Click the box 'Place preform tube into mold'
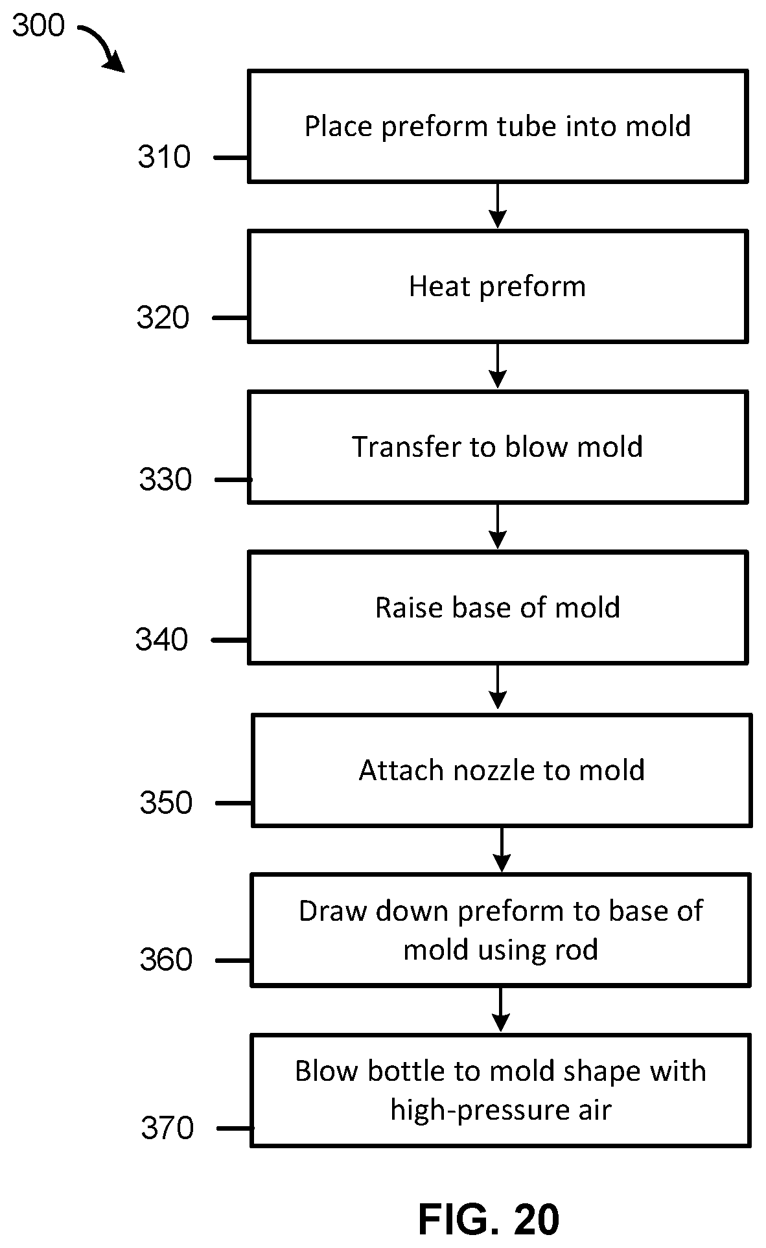(x=498, y=126)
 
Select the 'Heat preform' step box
(x=498, y=286)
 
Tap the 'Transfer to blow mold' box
(x=498, y=447)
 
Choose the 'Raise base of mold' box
(x=498, y=607)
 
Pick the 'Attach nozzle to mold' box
(x=502, y=770)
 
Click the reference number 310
(x=164, y=157)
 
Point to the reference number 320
(x=163, y=318)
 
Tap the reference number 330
(x=165, y=480)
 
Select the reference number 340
(x=161, y=640)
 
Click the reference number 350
(x=166, y=803)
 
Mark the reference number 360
(x=166, y=960)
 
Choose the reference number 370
(x=167, y=1129)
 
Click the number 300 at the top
(x=39, y=27)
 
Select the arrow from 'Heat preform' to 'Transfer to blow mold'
(x=498, y=366)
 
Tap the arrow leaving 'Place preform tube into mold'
(x=498, y=205)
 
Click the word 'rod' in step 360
(x=575, y=950)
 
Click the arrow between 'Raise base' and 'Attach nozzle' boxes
(x=498, y=687)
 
